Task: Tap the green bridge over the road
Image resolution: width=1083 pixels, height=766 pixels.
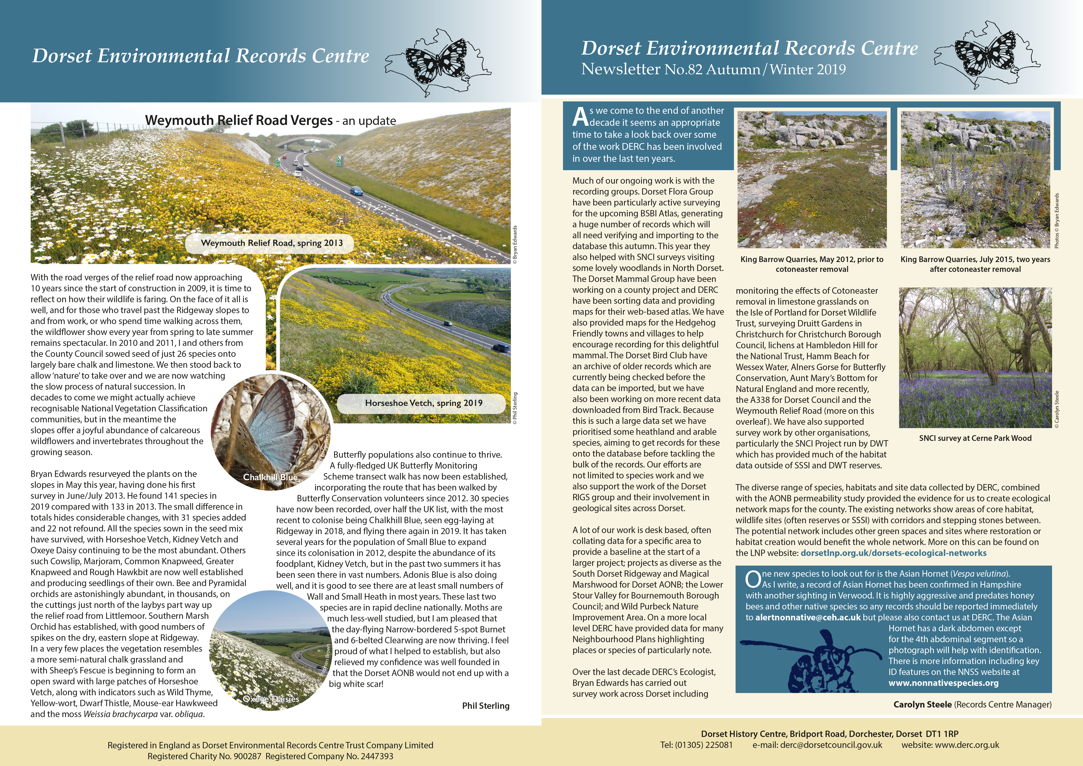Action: point(302,141)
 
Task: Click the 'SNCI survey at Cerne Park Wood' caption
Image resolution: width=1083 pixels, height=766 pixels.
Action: point(975,438)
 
